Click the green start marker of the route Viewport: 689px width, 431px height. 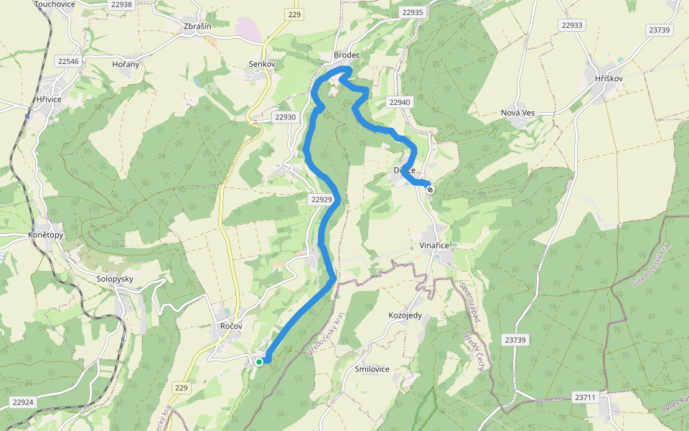[x=259, y=361]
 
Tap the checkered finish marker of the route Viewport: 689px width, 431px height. [x=429, y=190]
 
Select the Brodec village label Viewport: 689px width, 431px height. [x=346, y=55]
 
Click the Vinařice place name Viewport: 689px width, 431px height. [x=433, y=246]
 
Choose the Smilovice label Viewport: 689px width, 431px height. [x=372, y=369]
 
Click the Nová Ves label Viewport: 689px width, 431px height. [x=518, y=113]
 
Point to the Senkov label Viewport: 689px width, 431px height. [x=261, y=64]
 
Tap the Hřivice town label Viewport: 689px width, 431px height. [x=49, y=99]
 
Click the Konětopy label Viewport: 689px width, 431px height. [x=45, y=235]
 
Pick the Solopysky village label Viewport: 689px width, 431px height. [x=115, y=278]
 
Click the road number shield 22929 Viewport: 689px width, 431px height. [x=323, y=199]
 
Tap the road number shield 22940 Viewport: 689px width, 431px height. [x=400, y=103]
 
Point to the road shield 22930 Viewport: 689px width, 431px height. [x=285, y=117]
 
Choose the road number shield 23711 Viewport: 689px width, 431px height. [x=586, y=397]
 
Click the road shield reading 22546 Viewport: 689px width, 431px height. [x=68, y=62]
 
